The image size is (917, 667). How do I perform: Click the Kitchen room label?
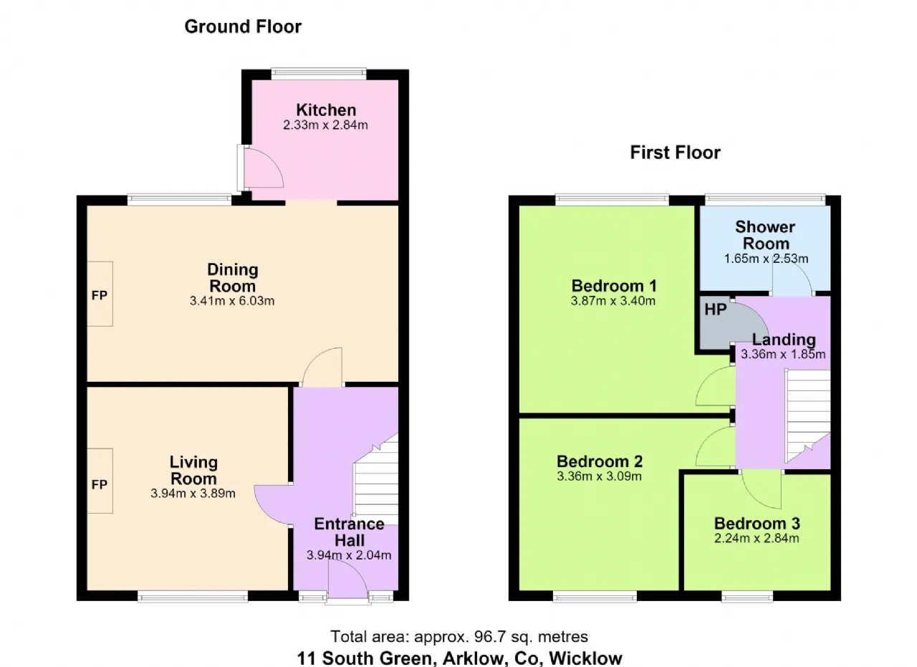coord(326,110)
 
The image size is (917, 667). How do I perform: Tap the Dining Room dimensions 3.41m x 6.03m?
coord(231,301)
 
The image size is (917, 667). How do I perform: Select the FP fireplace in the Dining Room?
coord(100,294)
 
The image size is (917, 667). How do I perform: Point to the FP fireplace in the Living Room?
coord(100,481)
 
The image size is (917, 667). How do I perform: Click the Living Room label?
coord(193,470)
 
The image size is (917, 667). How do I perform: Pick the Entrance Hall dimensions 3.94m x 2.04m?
coord(349,555)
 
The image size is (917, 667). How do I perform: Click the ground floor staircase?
coord(376,479)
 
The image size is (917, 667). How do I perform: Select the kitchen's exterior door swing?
coord(263,167)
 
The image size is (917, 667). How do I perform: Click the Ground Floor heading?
coord(243,27)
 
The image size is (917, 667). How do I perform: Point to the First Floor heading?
coord(675,153)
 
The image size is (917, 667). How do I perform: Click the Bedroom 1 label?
coord(614,285)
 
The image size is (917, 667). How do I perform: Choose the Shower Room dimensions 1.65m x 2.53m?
coord(766,259)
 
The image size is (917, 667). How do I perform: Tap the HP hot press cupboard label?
coord(716,309)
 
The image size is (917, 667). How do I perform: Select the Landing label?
coord(784,340)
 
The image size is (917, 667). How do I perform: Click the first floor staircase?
coord(807,416)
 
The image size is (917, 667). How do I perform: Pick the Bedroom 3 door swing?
coord(762,490)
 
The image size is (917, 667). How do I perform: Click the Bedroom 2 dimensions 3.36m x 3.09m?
coord(599,476)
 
